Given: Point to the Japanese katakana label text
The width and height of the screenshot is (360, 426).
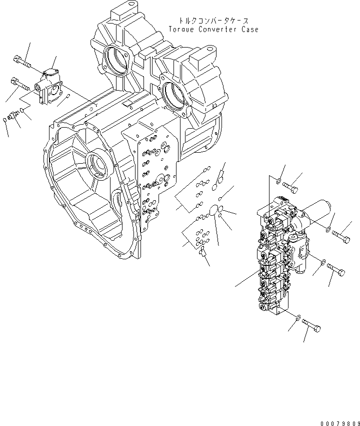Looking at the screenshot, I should point(212,22).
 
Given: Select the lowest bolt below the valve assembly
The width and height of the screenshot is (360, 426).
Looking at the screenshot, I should point(310,327).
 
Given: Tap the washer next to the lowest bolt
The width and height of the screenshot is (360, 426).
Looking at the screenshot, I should point(298,317).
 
